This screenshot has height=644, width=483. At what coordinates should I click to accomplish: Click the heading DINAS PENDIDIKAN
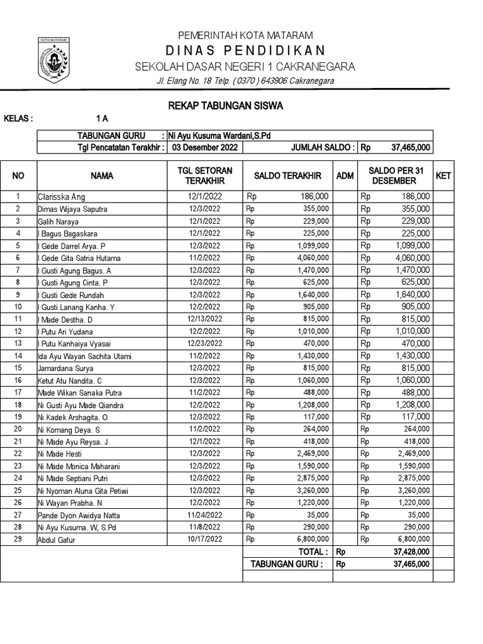tap(245, 50)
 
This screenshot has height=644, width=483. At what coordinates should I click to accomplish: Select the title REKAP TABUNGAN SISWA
tap(225, 106)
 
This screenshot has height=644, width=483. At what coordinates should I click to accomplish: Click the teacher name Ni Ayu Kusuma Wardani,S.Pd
tap(220, 136)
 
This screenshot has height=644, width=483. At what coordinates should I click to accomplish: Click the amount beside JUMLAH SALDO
tap(411, 148)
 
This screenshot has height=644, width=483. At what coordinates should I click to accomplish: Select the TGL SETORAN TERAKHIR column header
tap(205, 176)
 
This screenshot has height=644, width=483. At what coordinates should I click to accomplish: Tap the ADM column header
tap(345, 176)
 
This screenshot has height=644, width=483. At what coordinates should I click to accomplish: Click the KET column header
tap(443, 176)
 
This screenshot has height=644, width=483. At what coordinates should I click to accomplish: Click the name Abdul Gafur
tap(57, 540)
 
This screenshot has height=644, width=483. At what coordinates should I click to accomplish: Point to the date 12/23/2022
tap(205, 343)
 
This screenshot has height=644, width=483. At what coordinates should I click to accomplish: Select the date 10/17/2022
tap(205, 539)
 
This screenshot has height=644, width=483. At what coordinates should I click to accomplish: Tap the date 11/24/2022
tap(205, 514)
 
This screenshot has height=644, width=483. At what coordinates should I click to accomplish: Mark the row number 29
tap(18, 539)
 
